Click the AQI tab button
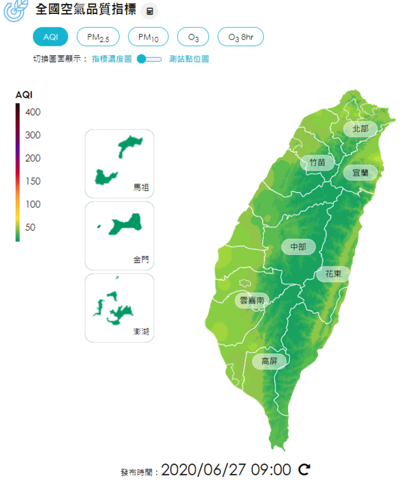tap(50, 37)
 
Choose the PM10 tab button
tap(149, 38)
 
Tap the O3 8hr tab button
tap(240, 38)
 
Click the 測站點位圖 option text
tap(189, 59)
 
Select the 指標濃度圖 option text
tap(111, 59)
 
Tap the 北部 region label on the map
tap(360, 128)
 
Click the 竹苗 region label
tap(317, 163)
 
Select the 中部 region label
tap(298, 246)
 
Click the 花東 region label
tap(333, 274)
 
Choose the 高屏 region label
tap(269, 362)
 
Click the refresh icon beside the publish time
tap(305, 470)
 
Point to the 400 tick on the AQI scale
tap(33, 113)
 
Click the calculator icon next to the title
tap(149, 11)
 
